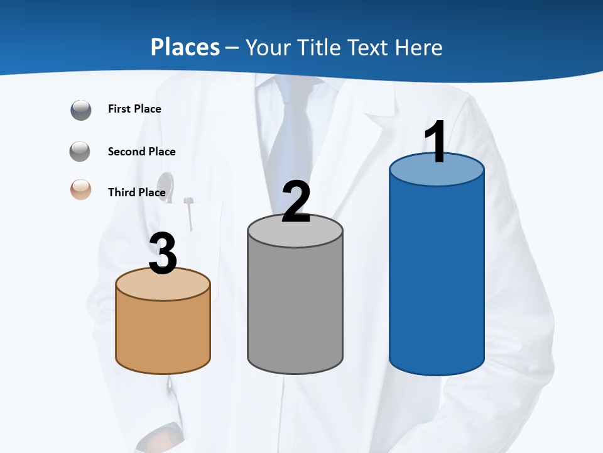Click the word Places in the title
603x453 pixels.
(x=185, y=47)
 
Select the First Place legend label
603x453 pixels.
(x=134, y=109)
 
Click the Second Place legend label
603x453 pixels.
(x=141, y=152)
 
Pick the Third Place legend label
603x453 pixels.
(x=136, y=193)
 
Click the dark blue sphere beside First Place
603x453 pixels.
(x=81, y=109)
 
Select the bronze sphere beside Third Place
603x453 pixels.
(x=81, y=189)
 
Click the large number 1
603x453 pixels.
(x=436, y=143)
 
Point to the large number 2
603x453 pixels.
(x=296, y=203)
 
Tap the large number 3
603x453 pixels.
(x=163, y=254)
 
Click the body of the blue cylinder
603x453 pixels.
(x=437, y=277)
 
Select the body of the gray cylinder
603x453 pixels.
(x=295, y=308)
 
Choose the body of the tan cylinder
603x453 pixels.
(x=163, y=333)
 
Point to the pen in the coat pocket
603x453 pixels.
(x=188, y=214)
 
